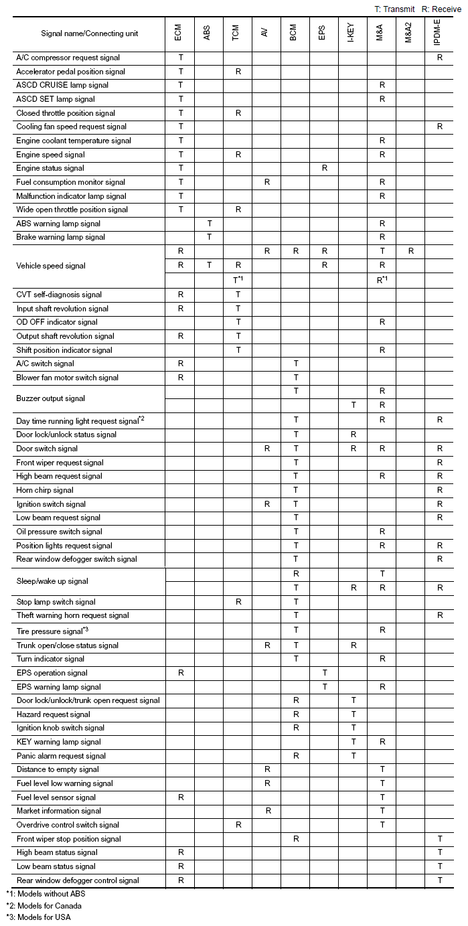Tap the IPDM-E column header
point(439,34)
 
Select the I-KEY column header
point(352,34)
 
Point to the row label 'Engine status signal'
point(50,168)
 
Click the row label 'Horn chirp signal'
point(45,490)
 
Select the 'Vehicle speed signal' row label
point(51,266)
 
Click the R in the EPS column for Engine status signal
point(325,168)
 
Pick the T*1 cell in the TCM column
point(238,280)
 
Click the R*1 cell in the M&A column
point(382,280)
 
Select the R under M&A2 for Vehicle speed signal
point(410,251)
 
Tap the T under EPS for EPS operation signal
point(325,673)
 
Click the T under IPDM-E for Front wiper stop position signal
point(440,839)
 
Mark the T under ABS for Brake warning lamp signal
point(210,237)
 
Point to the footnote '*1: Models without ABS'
point(46,894)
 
